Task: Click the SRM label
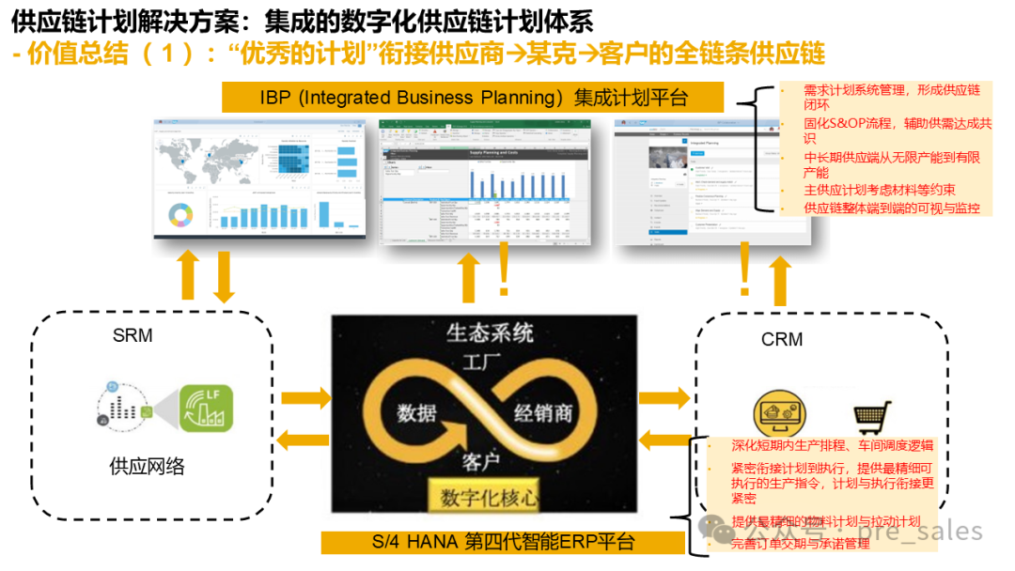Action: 133,335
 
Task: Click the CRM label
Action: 782,339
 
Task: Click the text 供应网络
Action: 147,466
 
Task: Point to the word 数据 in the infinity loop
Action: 416,412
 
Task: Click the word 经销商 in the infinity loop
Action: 542,412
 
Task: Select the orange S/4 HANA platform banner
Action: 502,543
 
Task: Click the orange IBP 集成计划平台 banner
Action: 474,98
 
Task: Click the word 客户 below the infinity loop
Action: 480,461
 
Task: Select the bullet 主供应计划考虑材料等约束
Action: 880,191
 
